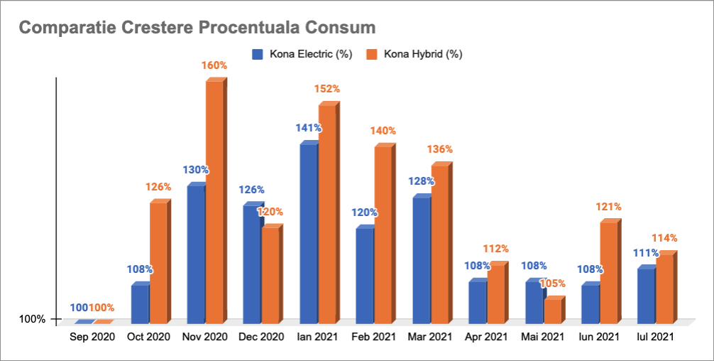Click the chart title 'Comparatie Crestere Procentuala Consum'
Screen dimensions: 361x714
[197, 28]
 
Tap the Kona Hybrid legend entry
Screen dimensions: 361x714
[414, 54]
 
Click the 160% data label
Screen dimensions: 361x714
[214, 65]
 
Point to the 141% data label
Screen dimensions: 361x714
[309, 129]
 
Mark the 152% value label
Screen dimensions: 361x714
[327, 89]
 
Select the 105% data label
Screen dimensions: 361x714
[553, 284]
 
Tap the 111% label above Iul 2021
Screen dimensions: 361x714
[646, 253]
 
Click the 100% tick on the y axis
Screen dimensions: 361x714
[32, 319]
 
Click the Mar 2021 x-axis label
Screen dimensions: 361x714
[430, 337]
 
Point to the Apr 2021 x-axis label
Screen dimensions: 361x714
[487, 337]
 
